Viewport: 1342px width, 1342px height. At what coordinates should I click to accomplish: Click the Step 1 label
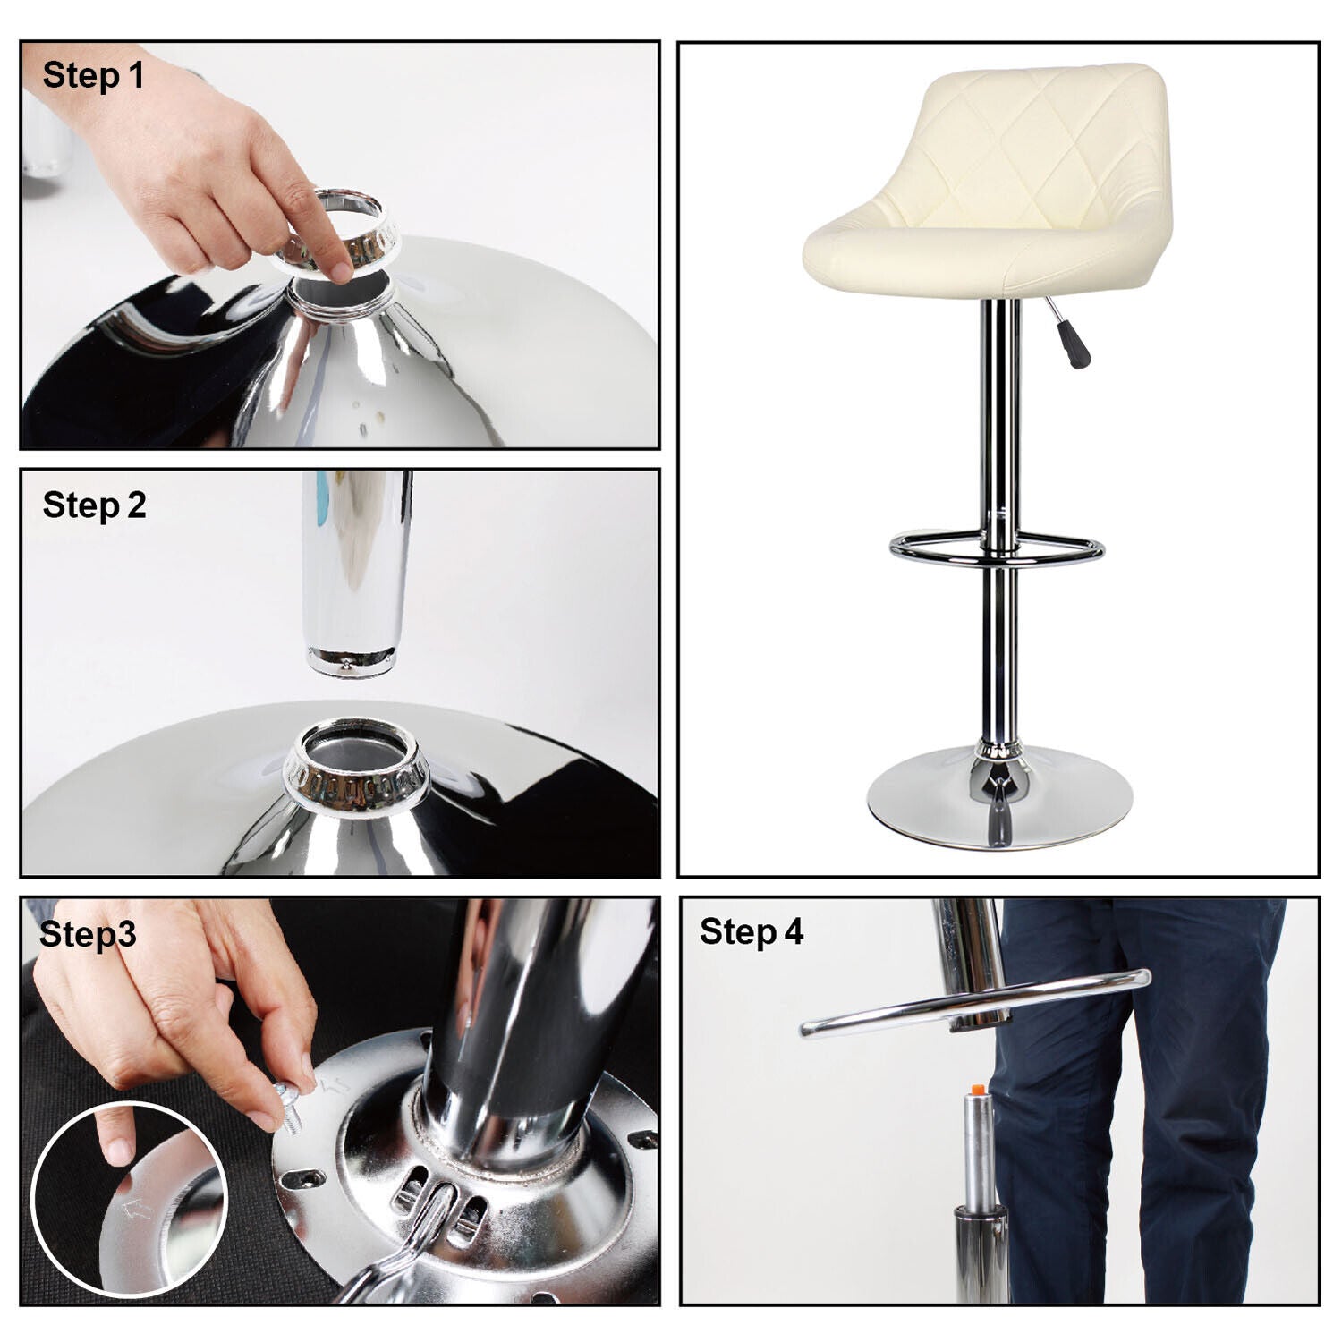[x=93, y=75]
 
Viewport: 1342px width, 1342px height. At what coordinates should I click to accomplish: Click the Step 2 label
[x=94, y=505]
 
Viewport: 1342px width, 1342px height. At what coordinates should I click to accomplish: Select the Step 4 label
[x=752, y=931]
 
